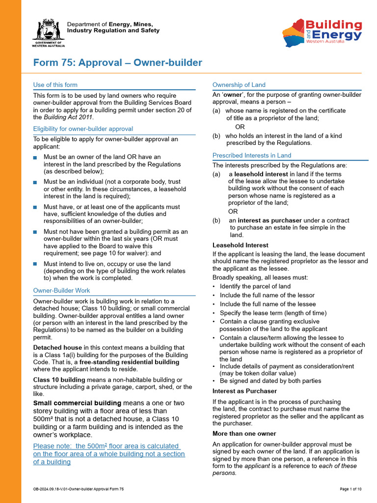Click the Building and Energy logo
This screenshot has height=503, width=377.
click(x=322, y=32)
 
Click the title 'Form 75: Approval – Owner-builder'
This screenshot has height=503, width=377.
click(x=117, y=63)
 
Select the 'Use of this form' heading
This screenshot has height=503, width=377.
click(x=55, y=85)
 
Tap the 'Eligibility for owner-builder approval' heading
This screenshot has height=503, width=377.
click(x=83, y=129)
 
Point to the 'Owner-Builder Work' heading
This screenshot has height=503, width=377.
click(x=61, y=291)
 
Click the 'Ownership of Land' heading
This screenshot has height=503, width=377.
click(x=239, y=85)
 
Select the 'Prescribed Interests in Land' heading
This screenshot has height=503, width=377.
click(x=251, y=156)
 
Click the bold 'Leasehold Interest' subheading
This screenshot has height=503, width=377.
click(x=240, y=245)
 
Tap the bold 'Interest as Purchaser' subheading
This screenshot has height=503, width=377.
click(x=244, y=391)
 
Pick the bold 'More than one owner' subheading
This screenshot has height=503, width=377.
click(x=244, y=434)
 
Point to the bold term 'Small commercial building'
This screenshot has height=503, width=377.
click(x=77, y=403)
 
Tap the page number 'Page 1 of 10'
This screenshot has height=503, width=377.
click(x=350, y=489)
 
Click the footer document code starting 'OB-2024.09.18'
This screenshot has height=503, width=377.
click(x=79, y=489)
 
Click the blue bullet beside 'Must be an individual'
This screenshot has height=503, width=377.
click(x=35, y=182)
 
